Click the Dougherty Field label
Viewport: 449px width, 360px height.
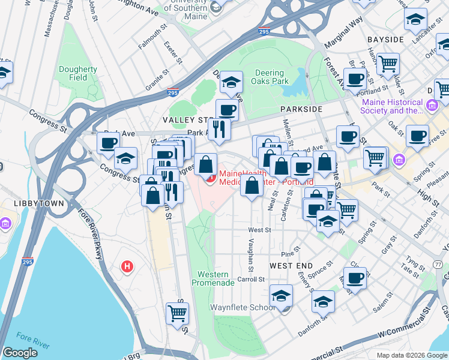[x=78, y=73]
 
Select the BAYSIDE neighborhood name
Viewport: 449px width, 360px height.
[x=385, y=39]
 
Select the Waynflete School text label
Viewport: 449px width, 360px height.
[x=241, y=307]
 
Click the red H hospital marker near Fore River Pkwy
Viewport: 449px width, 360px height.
[x=127, y=266]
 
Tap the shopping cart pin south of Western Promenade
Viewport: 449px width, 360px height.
[x=178, y=313]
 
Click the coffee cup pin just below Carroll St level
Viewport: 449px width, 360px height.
[x=355, y=279]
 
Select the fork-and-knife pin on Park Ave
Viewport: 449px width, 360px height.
[x=219, y=128]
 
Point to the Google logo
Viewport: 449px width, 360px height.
[x=20, y=353]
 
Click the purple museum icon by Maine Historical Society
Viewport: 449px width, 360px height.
[x=431, y=107]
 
